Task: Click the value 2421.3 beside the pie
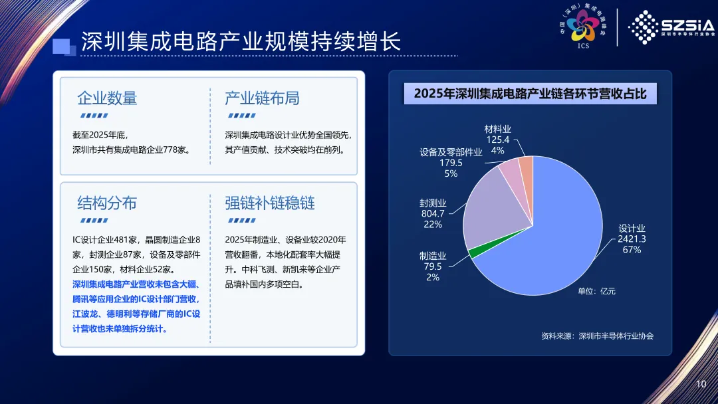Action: click(x=632, y=239)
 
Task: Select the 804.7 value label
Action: click(x=433, y=214)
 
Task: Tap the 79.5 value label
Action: click(x=433, y=266)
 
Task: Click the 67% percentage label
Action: click(x=632, y=250)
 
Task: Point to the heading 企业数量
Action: click(x=107, y=98)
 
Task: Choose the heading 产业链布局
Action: click(x=262, y=98)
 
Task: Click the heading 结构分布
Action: click(x=107, y=203)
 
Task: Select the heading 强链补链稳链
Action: click(x=270, y=203)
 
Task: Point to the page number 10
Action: click(x=701, y=384)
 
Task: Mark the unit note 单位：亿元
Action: click(x=596, y=291)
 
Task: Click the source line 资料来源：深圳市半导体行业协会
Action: click(x=597, y=336)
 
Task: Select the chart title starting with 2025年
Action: click(x=531, y=94)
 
